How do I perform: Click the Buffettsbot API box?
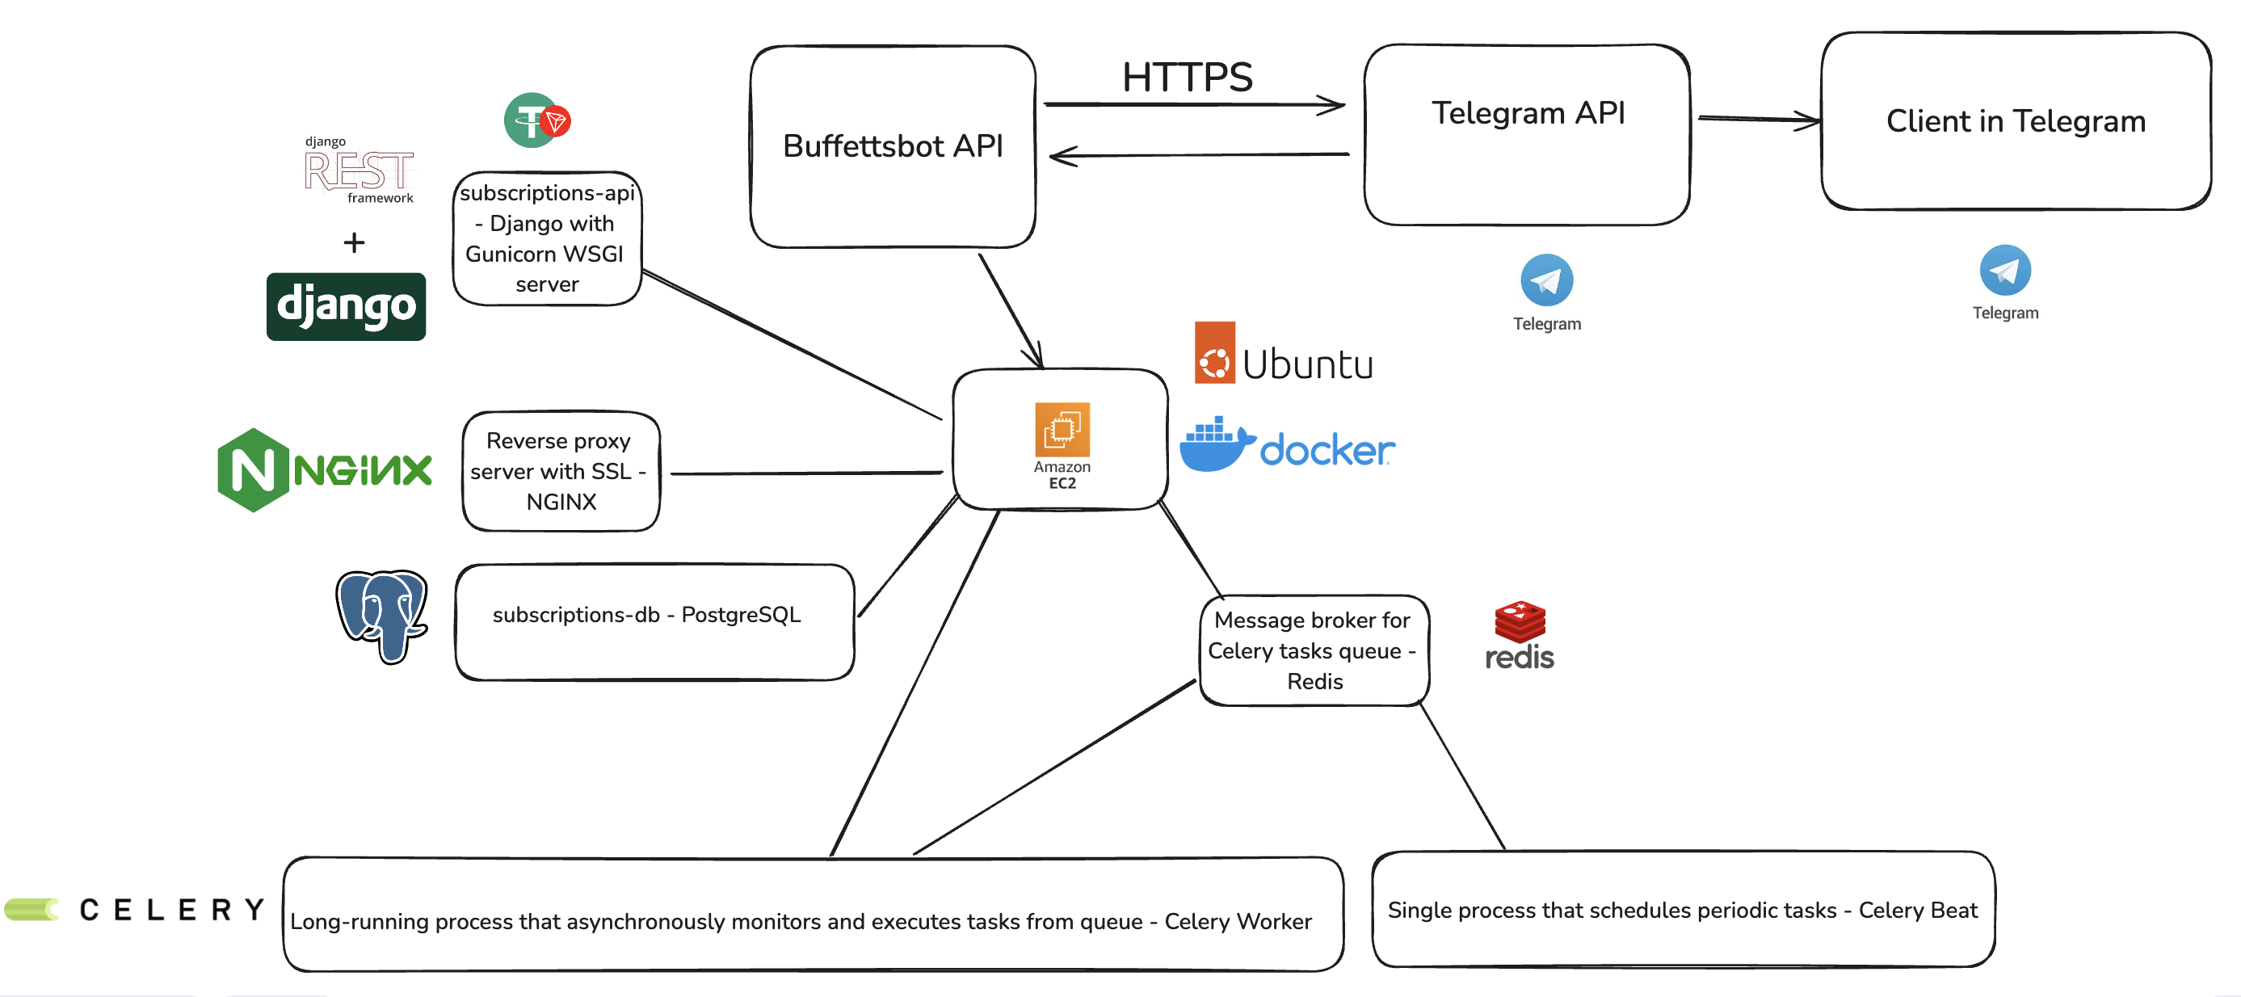893,146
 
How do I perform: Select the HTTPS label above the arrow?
1187,77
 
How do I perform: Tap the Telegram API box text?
1528,113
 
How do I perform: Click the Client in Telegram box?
2015,121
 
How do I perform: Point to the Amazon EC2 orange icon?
1062,429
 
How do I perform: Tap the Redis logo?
1519,636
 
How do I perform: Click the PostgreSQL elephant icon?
381,614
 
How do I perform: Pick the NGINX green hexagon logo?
252,469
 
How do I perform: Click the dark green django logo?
346,306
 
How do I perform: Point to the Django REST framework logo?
359,170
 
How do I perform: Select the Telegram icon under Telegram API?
1546,280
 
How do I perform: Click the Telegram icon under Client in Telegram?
2004,271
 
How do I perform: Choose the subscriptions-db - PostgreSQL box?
654,622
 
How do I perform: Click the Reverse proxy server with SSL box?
561,471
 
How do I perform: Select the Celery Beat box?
1682,909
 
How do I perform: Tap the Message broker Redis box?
1314,650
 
